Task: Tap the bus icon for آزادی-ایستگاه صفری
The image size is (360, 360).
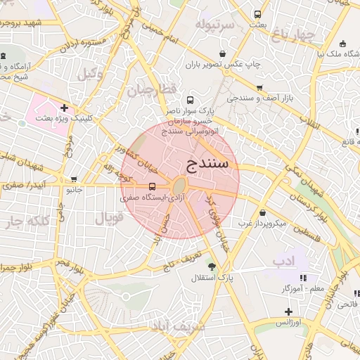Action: pyautogui.click(x=153, y=186)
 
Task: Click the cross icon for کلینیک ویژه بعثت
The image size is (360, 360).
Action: pyautogui.click(x=65, y=108)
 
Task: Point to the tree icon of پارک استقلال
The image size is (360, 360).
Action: pyautogui.click(x=212, y=266)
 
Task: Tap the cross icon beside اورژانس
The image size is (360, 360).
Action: pyautogui.click(x=288, y=311)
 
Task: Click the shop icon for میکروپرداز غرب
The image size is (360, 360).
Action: pyautogui.click(x=262, y=213)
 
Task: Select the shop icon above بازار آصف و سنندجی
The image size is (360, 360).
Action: pyautogui.click(x=259, y=88)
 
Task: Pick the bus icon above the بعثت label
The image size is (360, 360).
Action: pyautogui.click(x=258, y=14)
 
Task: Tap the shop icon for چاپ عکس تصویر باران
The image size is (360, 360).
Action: pyautogui.click(x=223, y=53)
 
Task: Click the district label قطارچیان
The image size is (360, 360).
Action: pyautogui.click(x=149, y=90)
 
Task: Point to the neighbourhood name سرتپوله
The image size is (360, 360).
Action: pyautogui.click(x=218, y=27)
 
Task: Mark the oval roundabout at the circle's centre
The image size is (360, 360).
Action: pyautogui.click(x=179, y=186)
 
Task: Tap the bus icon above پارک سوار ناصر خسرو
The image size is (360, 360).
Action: pyautogui.click(x=190, y=100)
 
